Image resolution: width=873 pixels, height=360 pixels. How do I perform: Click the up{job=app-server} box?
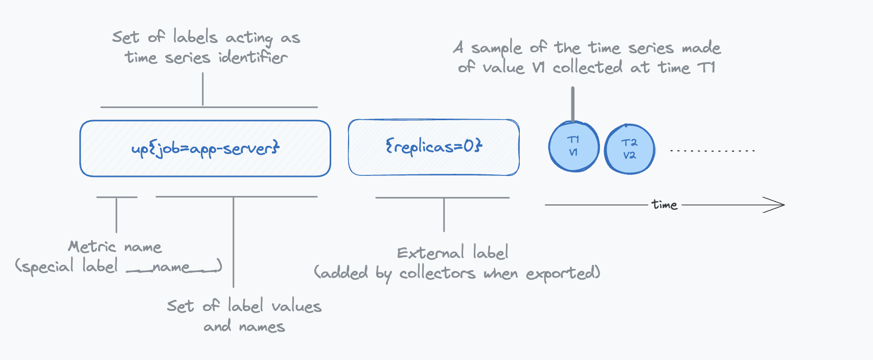pyautogui.click(x=205, y=148)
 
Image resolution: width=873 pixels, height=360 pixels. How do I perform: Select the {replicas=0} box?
pyautogui.click(x=433, y=147)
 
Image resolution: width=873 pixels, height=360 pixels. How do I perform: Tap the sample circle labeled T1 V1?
pyautogui.click(x=573, y=147)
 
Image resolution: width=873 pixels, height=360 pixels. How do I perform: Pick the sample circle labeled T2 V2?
pyautogui.click(x=629, y=149)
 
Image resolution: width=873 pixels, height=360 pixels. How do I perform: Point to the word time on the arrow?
pyautogui.click(x=664, y=205)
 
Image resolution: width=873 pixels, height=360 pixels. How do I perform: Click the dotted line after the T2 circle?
pyautogui.click(x=713, y=151)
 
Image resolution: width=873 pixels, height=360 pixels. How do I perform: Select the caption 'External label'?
pyautogui.click(x=452, y=253)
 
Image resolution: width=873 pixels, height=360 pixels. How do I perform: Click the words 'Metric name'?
pyautogui.click(x=115, y=247)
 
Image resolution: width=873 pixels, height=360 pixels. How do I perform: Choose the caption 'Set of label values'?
pyautogui.click(x=244, y=306)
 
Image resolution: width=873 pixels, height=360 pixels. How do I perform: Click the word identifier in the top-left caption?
pyautogui.click(x=253, y=57)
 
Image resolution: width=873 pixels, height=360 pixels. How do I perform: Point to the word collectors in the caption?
pyautogui.click(x=437, y=274)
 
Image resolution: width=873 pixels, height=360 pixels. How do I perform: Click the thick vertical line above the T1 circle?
pyautogui.click(x=572, y=104)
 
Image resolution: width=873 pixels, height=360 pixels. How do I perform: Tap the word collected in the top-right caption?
pyautogui.click(x=587, y=67)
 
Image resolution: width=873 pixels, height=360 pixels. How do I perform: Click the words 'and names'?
pyautogui.click(x=244, y=327)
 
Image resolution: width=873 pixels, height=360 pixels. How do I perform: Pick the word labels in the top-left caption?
pyautogui.click(x=195, y=37)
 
